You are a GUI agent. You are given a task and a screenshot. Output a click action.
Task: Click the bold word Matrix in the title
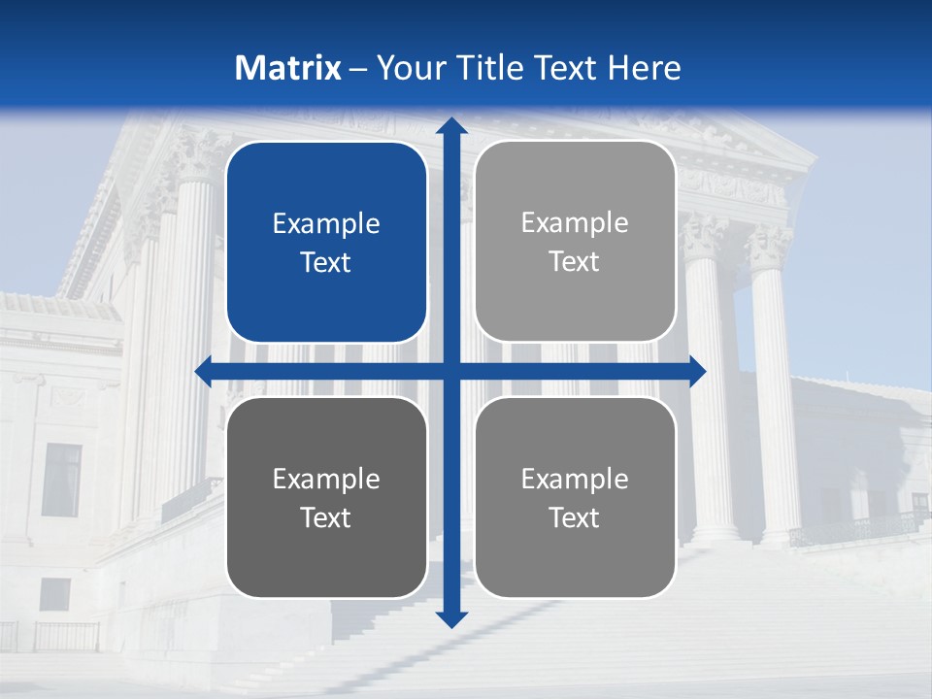pos(287,68)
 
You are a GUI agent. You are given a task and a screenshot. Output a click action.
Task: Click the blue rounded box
pos(326,243)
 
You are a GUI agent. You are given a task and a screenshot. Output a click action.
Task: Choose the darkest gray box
pos(326,497)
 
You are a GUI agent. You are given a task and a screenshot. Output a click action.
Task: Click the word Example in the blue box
pos(326,224)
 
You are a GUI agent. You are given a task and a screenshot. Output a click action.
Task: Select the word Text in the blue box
pos(326,262)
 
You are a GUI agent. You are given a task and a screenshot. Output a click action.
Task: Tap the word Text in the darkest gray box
pos(326,517)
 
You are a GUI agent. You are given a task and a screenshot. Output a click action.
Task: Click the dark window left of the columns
pos(61,481)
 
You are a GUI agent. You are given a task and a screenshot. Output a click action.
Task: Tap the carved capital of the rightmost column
pos(768,248)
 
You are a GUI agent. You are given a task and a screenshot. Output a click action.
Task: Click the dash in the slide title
pos(358,69)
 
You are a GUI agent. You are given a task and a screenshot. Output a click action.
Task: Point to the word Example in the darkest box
pos(326,480)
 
